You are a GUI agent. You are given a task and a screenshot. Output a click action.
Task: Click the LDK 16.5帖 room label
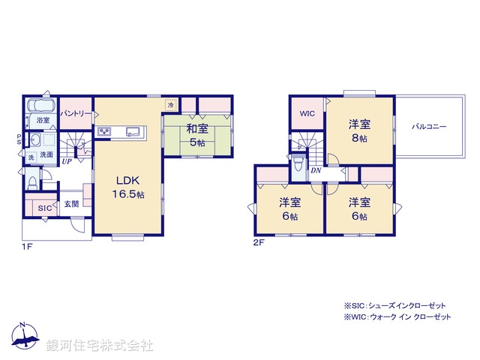pyautogui.click(x=127, y=187)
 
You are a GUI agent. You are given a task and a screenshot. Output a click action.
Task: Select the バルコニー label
pyautogui.click(x=429, y=127)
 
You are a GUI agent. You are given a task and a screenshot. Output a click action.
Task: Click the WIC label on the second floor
pyautogui.click(x=307, y=114)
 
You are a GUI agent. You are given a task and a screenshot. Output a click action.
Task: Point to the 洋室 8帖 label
pyautogui.click(x=358, y=131)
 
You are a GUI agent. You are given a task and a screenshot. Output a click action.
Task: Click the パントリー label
pyautogui.click(x=76, y=113)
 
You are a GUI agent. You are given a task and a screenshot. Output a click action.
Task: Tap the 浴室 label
pyautogui.click(x=43, y=120)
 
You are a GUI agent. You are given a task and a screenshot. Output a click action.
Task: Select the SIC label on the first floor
pyautogui.click(x=44, y=208)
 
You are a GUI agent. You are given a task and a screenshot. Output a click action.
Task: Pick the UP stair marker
pyautogui.click(x=67, y=161)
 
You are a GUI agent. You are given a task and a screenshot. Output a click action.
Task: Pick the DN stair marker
pyautogui.click(x=317, y=171)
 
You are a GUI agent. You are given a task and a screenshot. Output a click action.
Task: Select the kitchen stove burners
pyautogui.click(x=103, y=133)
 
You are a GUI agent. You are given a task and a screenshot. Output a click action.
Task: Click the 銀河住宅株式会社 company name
pyautogui.click(x=100, y=346)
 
